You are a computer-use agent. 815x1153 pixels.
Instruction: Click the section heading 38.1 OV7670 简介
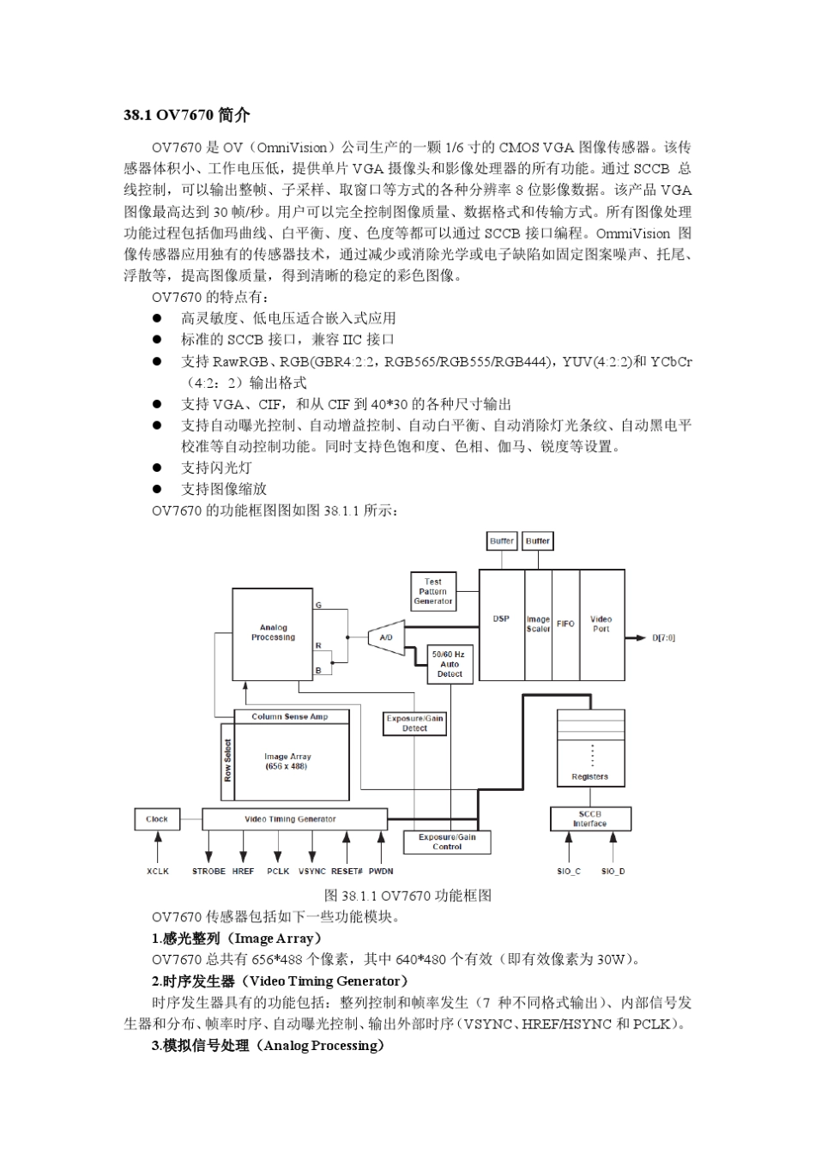pos(186,114)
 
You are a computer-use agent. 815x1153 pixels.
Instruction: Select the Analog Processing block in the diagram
pos(273,633)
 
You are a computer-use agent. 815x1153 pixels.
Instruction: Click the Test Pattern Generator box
pos(432,591)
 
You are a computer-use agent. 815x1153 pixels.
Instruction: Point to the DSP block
pos(501,619)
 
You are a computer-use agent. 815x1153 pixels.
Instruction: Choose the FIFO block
pos(565,624)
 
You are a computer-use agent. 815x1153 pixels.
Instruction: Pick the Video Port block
pos(601,624)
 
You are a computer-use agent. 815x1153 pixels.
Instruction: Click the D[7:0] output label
pos(663,638)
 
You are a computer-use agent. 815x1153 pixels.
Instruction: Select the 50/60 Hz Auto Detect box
pos(450,664)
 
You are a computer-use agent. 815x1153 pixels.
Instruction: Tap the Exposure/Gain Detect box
pos(414,723)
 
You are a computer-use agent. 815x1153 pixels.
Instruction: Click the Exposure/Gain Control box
pos(447,842)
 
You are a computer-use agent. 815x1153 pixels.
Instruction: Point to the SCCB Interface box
pos(589,819)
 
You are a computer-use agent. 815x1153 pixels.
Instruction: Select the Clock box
pos(157,819)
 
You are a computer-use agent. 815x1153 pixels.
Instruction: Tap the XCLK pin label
pos(158,872)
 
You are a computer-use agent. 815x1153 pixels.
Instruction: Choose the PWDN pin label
pos(381,872)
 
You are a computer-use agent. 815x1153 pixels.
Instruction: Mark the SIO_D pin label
pos(613,872)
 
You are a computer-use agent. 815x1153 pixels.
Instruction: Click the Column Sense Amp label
pos(289,716)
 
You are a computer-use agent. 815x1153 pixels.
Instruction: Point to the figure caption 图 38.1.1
pos(407,896)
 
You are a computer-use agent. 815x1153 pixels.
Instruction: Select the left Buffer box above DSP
pos(502,541)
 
